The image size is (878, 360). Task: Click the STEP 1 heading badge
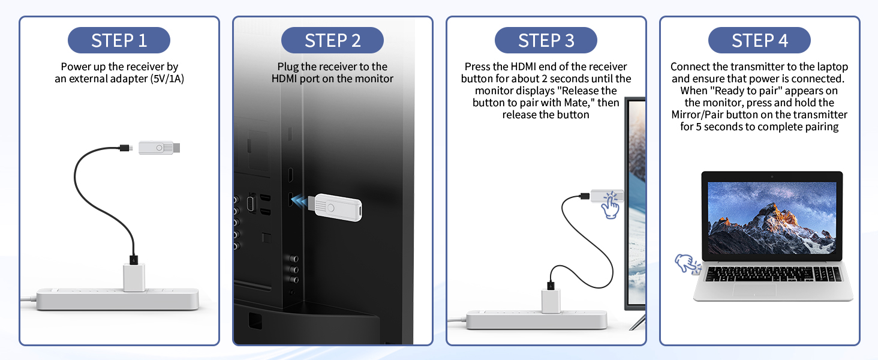click(x=119, y=40)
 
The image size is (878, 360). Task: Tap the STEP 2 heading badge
click(x=332, y=40)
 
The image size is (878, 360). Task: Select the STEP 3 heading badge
click(x=546, y=40)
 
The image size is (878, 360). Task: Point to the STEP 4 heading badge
click(x=759, y=40)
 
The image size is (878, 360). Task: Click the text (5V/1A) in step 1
click(x=167, y=79)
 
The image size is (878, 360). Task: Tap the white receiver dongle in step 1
click(x=159, y=148)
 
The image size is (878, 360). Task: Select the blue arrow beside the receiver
click(x=300, y=202)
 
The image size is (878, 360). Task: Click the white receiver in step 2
click(x=337, y=208)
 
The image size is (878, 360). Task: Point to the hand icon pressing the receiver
click(x=611, y=205)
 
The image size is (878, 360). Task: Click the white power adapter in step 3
click(x=551, y=301)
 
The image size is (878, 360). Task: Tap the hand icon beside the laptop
click(x=687, y=263)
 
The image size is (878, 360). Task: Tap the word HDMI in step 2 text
click(x=284, y=79)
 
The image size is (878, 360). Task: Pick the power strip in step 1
click(x=118, y=299)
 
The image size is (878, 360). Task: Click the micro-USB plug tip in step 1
click(x=131, y=148)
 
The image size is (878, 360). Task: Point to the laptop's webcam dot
click(x=772, y=177)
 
